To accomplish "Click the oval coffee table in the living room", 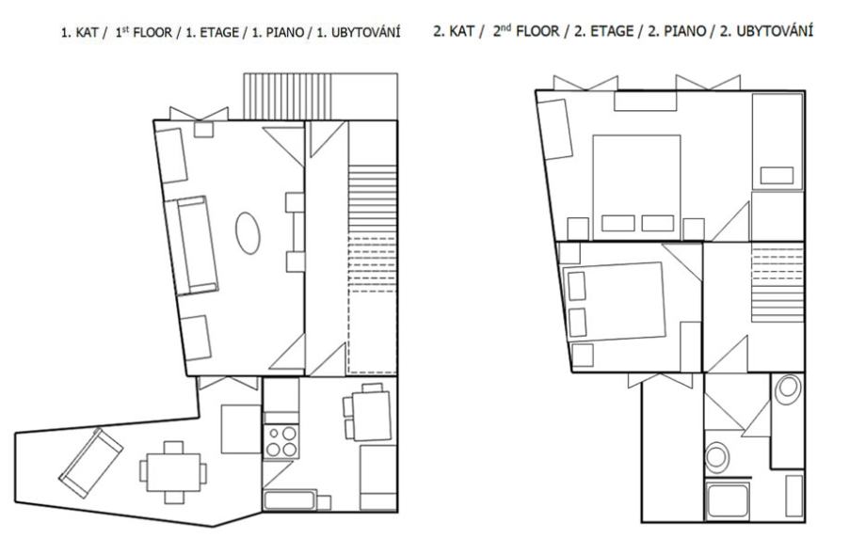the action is pos(248,233).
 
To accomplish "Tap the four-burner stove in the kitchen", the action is pos(281,441).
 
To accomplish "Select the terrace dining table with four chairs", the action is pos(173,472).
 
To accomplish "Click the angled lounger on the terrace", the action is pos(91,463).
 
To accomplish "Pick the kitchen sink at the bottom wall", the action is pos(290,500).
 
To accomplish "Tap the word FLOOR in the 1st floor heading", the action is pos(152,33).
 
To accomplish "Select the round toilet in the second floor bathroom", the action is pos(717,457).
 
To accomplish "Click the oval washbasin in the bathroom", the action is pos(788,389).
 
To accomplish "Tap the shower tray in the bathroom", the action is pos(728,500).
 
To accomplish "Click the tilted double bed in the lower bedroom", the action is pos(614,301).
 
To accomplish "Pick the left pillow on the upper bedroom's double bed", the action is pos(618,223).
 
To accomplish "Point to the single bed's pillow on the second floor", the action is pos(777,176).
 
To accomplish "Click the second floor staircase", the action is pos(778,284).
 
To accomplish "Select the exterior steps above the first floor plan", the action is pos(288,96).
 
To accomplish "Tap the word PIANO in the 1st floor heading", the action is pos(285,33).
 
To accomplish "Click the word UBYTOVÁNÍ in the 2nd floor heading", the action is pos(775,31).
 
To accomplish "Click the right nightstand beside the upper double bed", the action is pos(693,229).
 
